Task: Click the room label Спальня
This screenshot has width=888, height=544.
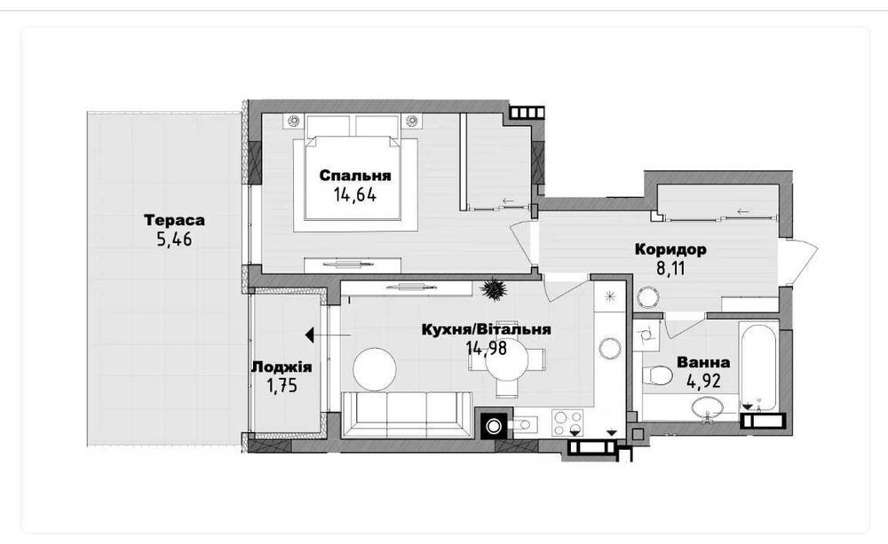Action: click(355, 176)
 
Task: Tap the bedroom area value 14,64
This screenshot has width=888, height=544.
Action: click(355, 195)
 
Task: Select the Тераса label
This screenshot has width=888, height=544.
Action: click(174, 219)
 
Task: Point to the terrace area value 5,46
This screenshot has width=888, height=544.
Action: click(174, 240)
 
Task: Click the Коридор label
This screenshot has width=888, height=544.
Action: click(670, 249)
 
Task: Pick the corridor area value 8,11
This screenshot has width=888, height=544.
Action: click(670, 268)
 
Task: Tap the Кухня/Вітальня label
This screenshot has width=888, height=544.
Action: click(487, 329)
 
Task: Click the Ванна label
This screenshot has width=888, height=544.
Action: click(703, 362)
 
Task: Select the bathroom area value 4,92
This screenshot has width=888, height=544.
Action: click(703, 381)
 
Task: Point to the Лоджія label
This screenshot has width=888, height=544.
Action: click(281, 367)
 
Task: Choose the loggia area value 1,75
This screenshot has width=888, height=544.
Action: click(281, 386)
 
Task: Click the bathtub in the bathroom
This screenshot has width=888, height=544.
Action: click(758, 365)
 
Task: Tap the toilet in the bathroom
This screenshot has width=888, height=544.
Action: click(657, 374)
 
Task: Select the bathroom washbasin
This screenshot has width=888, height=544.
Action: click(706, 407)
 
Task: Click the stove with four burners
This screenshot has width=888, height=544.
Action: click(567, 422)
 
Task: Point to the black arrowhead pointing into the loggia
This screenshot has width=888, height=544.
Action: click(310, 335)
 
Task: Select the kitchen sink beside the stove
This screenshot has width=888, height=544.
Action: click(523, 423)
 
